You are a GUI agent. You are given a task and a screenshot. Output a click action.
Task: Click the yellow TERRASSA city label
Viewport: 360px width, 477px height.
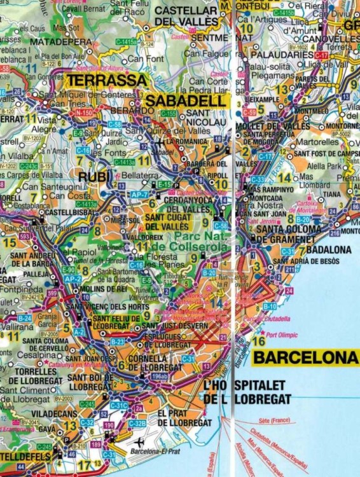[x=106, y=81]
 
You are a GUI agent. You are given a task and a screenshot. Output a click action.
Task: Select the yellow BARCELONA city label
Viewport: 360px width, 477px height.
[x=305, y=357]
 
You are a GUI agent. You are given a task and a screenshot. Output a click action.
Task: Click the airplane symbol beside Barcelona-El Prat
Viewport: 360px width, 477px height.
[x=139, y=442]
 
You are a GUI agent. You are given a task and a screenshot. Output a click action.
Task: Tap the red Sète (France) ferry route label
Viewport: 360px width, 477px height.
[x=273, y=420]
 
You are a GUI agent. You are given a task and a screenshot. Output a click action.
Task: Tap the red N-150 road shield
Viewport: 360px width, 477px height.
[x=83, y=113]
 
